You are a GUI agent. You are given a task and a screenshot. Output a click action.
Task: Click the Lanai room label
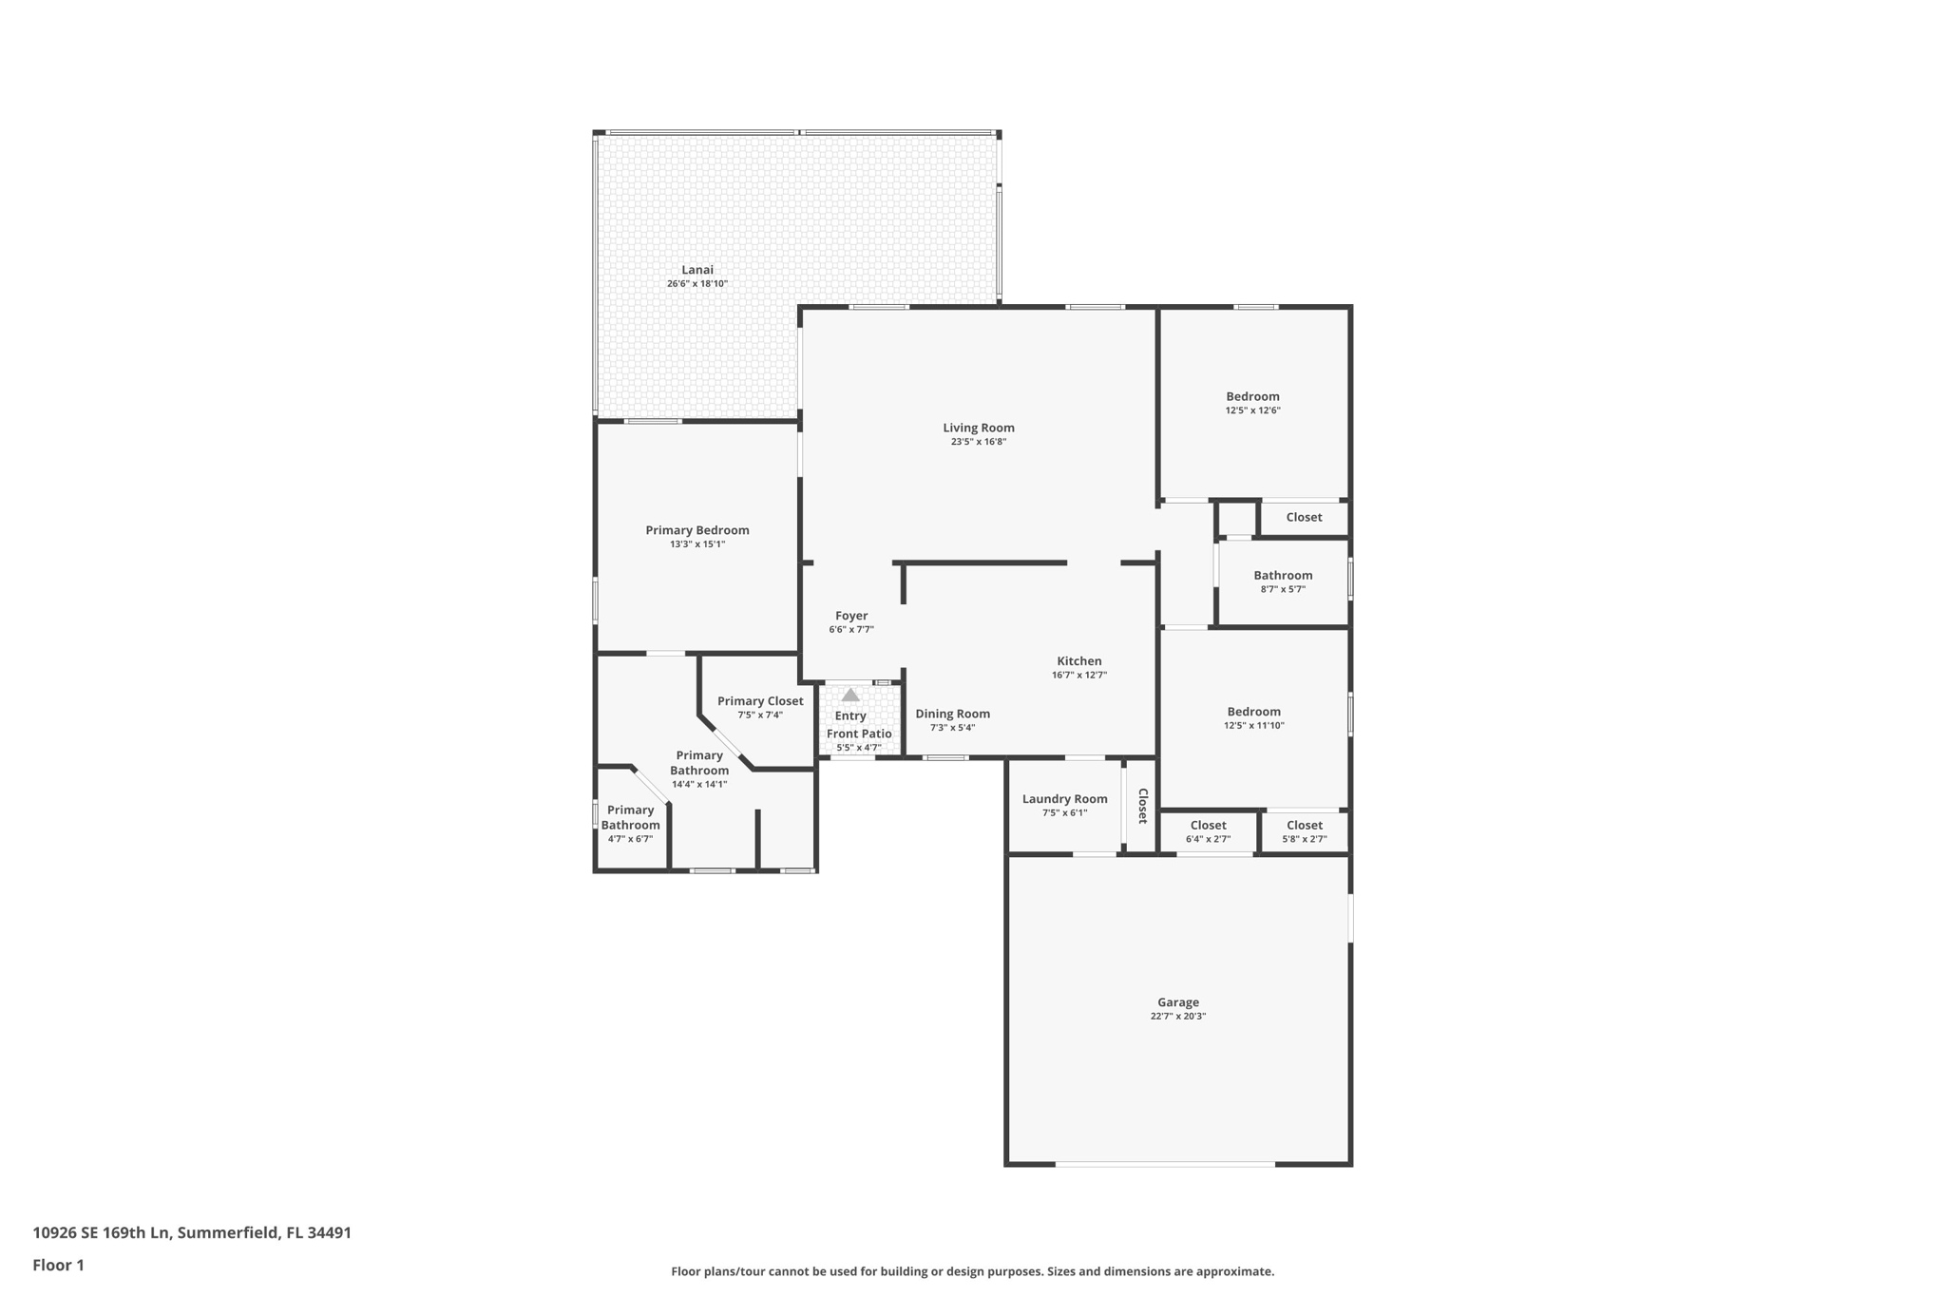pyautogui.click(x=696, y=270)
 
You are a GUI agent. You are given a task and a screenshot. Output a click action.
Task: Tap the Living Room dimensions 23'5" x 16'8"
pyautogui.click(x=978, y=442)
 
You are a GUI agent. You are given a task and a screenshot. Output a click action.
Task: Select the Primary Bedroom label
pyautogui.click(x=696, y=530)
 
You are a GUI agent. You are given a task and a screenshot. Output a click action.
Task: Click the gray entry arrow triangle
pyautogui.click(x=850, y=695)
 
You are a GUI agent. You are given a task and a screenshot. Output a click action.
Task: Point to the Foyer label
pyautogui.click(x=850, y=616)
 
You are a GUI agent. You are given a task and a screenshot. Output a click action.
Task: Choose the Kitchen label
pyautogui.click(x=1078, y=661)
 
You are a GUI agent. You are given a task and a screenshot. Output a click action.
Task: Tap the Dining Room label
pyautogui.click(x=952, y=714)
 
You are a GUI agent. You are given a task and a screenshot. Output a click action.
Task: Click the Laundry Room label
pyautogui.click(x=1064, y=799)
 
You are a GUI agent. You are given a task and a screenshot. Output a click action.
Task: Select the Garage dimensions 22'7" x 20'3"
pyautogui.click(x=1177, y=1016)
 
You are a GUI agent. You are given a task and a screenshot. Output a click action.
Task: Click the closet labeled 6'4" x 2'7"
pyautogui.click(x=1208, y=831)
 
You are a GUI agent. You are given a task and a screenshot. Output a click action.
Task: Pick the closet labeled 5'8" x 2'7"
pyautogui.click(x=1304, y=831)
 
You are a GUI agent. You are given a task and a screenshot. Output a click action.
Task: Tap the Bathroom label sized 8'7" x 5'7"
pyautogui.click(x=1283, y=575)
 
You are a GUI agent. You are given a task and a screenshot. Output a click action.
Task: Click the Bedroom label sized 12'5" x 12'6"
pyautogui.click(x=1252, y=396)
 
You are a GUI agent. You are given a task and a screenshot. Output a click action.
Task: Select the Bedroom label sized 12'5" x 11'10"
pyautogui.click(x=1253, y=712)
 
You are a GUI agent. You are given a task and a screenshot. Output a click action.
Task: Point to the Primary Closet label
pyautogui.click(x=759, y=701)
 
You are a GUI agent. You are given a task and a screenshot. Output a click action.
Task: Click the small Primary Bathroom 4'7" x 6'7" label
pyautogui.click(x=630, y=818)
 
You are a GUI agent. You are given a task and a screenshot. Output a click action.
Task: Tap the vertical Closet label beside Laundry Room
pyautogui.click(x=1143, y=805)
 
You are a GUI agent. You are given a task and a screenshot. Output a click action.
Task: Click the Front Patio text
pyautogui.click(x=859, y=734)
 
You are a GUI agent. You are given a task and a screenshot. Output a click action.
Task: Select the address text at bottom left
pyautogui.click(x=192, y=1232)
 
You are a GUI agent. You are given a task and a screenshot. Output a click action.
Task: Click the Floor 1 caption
pyautogui.click(x=58, y=1265)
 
